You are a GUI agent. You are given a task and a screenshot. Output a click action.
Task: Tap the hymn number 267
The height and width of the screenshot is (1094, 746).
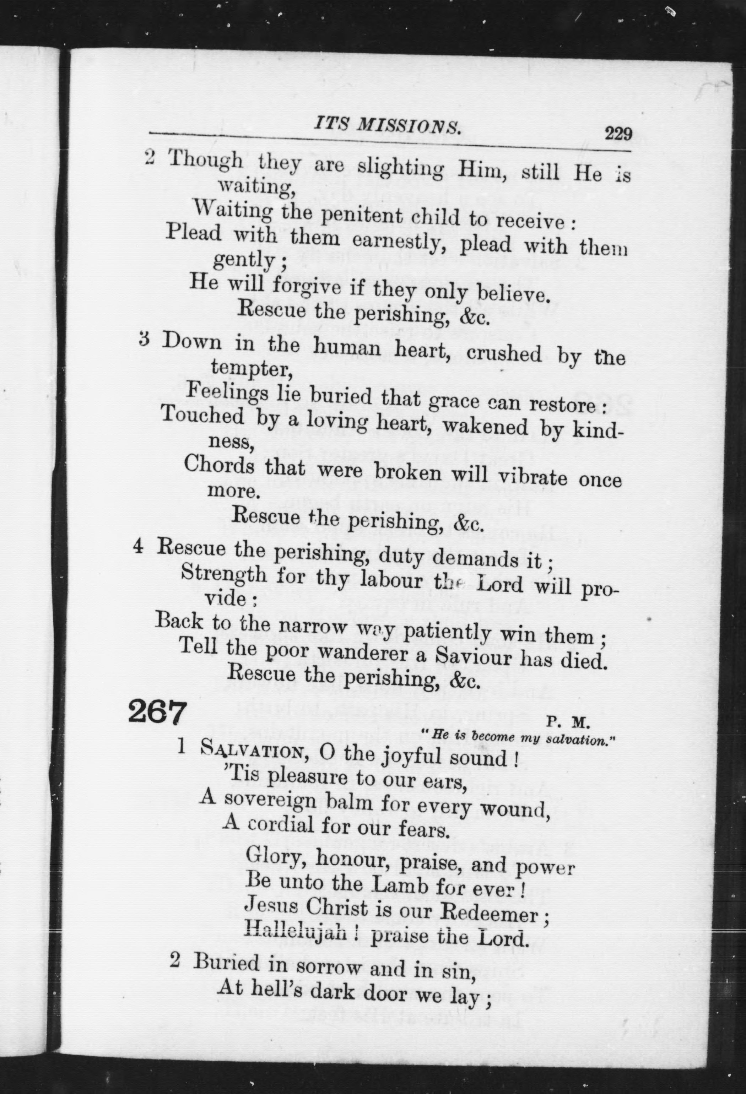(x=156, y=712)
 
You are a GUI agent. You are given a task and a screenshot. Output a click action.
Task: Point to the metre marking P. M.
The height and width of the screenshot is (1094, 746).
(x=568, y=721)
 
